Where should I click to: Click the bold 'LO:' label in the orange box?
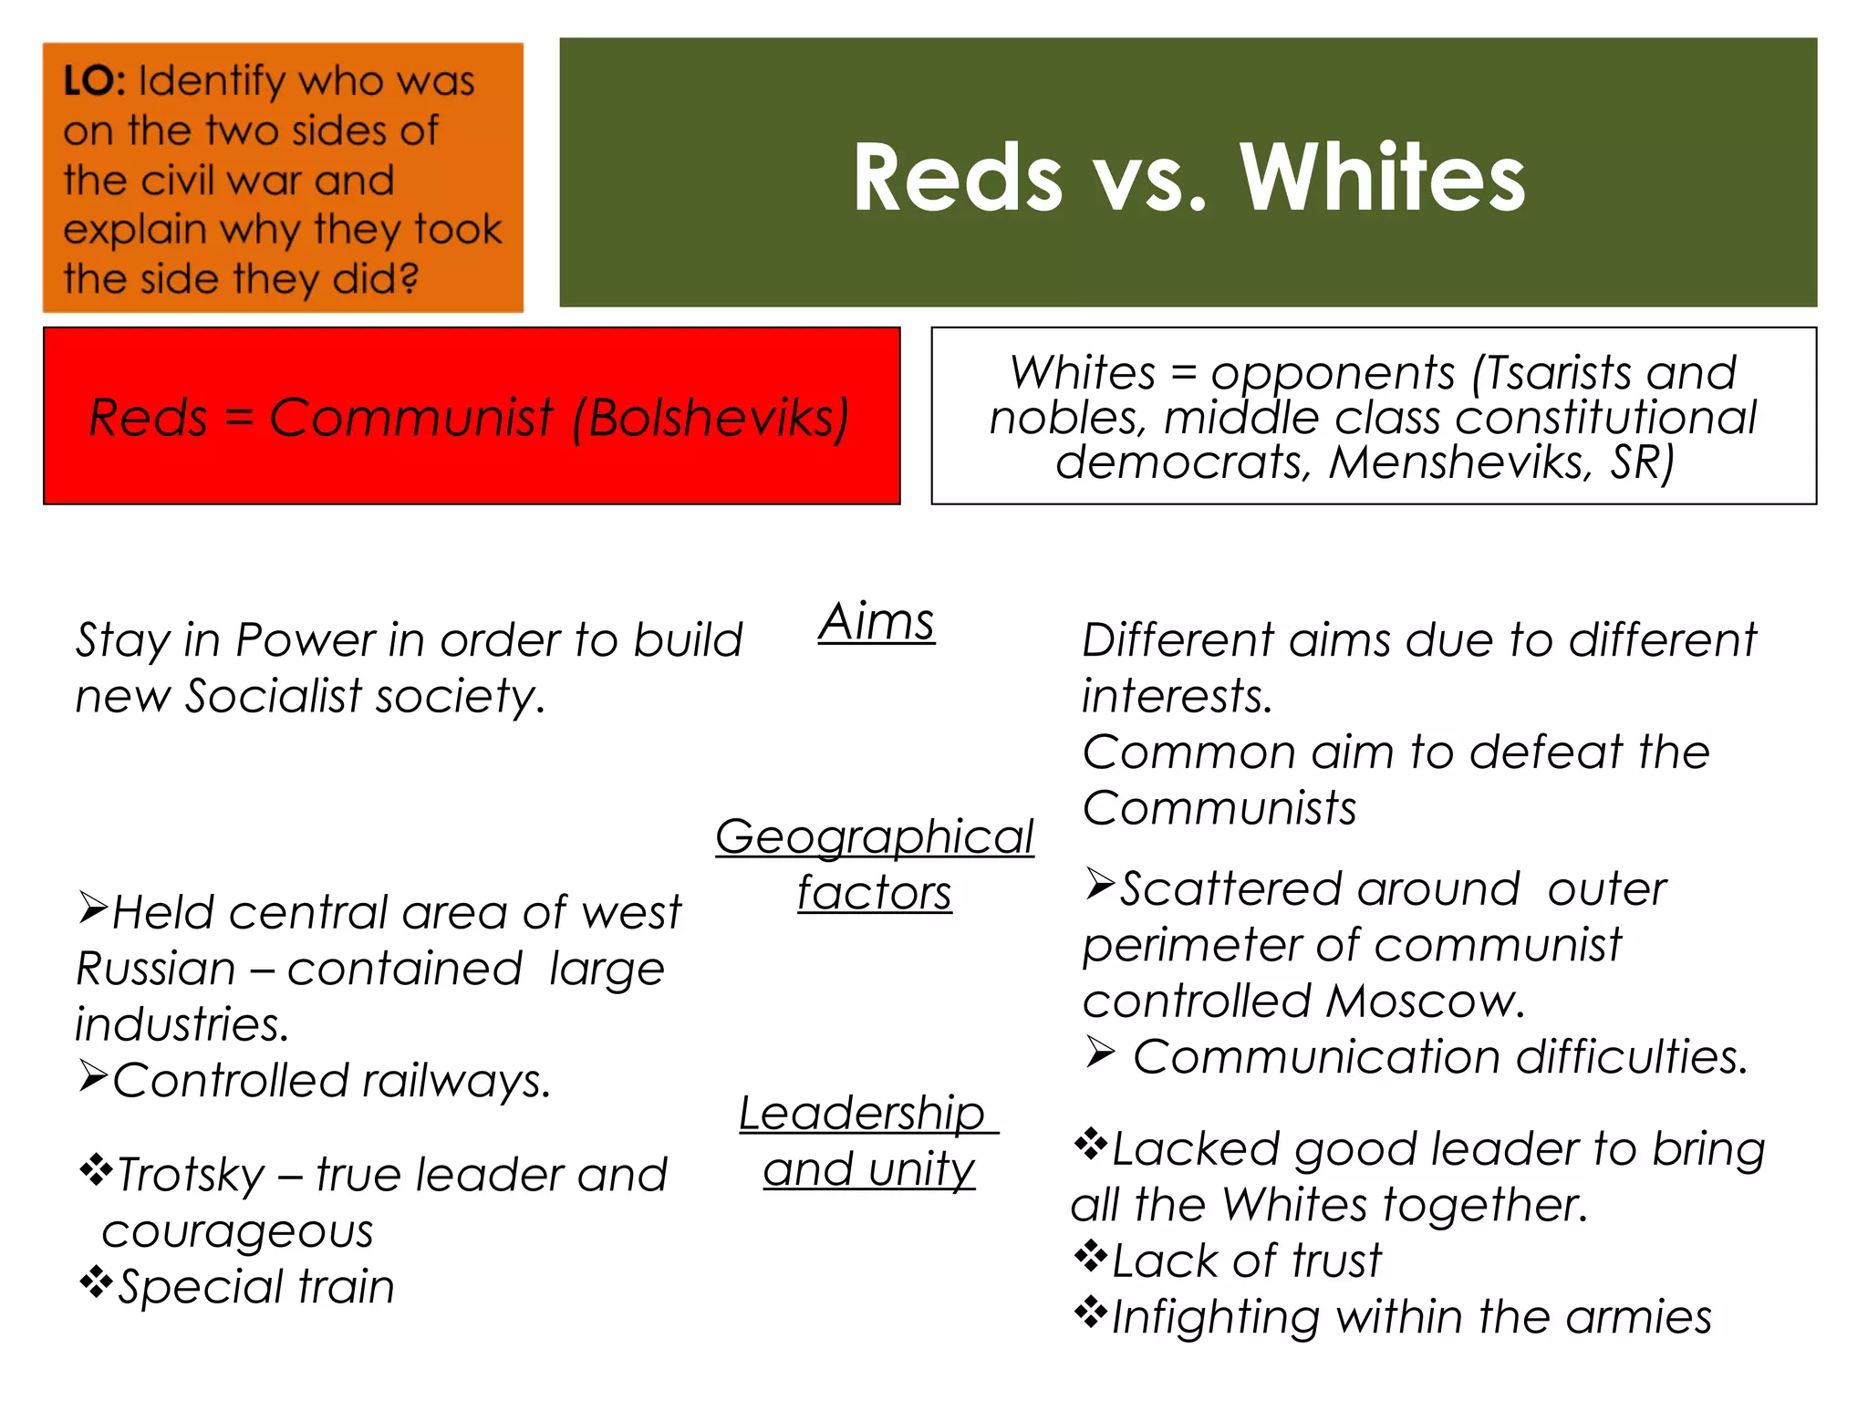94,81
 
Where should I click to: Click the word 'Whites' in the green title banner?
1381,178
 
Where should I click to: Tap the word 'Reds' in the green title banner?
958,178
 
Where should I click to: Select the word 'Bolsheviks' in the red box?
711,419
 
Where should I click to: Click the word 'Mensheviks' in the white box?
1458,462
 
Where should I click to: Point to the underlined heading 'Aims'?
877,623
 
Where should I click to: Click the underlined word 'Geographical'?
874,836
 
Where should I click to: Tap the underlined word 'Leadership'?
862,1114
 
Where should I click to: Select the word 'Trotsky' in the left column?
192,1175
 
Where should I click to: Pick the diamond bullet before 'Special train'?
95,1282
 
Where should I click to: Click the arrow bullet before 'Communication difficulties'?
1101,1053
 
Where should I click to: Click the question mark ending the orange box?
410,279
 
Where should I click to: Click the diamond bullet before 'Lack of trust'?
1090,1256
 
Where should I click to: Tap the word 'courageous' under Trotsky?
237,1231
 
